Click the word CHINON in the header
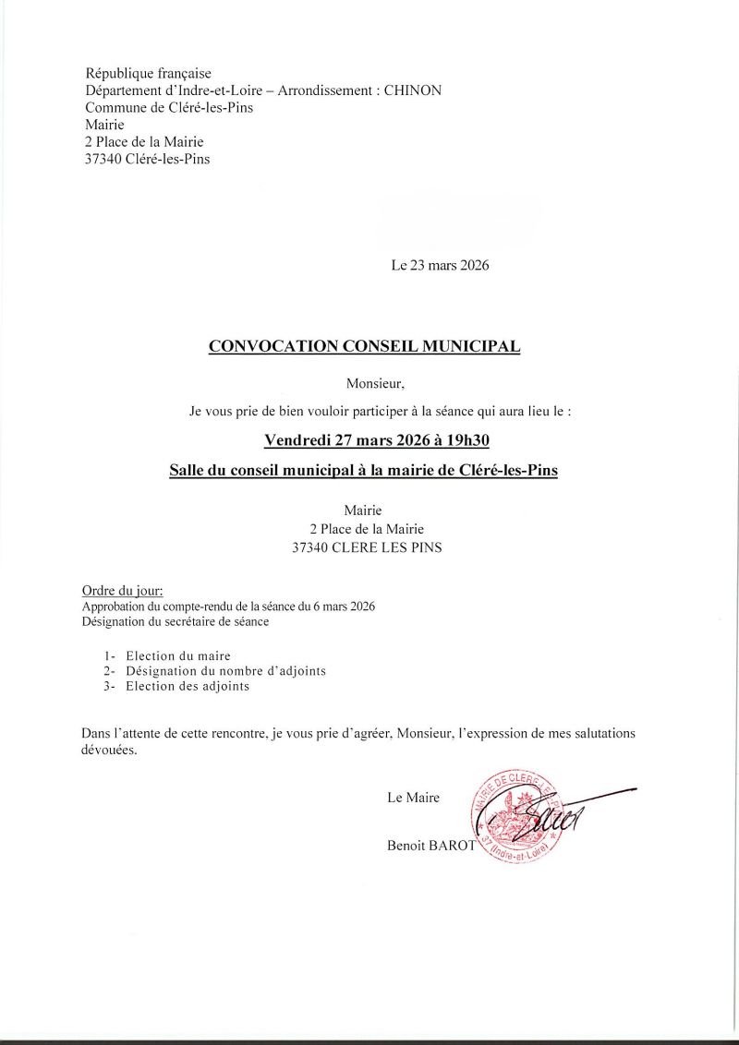click(x=410, y=90)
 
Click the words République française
click(x=149, y=73)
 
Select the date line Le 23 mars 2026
click(x=440, y=266)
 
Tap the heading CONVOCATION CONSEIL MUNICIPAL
click(x=365, y=347)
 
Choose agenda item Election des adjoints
click(x=188, y=687)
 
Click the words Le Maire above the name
click(x=413, y=798)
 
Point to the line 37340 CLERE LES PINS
click(x=367, y=547)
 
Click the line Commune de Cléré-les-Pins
click(x=169, y=107)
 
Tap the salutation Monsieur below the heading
click(x=375, y=382)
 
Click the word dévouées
click(x=109, y=751)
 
